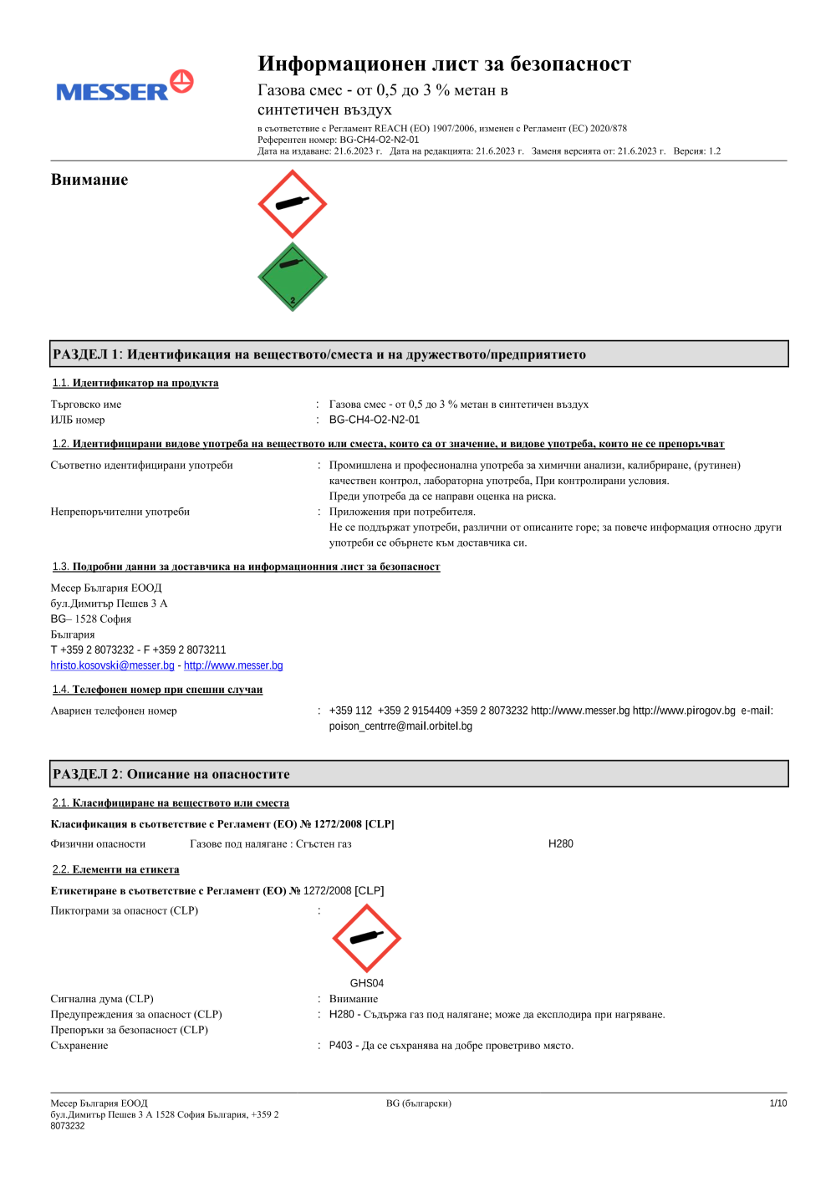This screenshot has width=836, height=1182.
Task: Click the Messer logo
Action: click(x=125, y=87)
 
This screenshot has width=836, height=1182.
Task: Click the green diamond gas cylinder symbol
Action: click(x=292, y=278)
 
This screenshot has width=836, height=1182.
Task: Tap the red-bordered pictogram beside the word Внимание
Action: click(x=292, y=204)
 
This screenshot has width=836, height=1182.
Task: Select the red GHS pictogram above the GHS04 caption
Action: click(x=366, y=938)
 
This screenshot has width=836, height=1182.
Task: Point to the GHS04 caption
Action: click(x=366, y=983)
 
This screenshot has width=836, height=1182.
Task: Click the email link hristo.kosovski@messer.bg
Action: click(x=112, y=665)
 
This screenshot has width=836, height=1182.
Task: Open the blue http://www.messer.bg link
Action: click(x=233, y=665)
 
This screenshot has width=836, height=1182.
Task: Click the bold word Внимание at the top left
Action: click(x=89, y=180)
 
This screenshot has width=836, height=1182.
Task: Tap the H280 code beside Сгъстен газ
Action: click(x=560, y=844)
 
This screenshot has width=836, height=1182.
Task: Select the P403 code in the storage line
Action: click(x=340, y=1046)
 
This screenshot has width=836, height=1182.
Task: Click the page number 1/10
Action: click(x=777, y=1103)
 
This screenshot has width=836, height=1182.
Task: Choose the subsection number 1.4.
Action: click(x=60, y=690)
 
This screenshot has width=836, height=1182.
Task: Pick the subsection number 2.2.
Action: click(x=60, y=869)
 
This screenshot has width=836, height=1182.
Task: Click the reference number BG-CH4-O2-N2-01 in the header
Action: click(x=379, y=140)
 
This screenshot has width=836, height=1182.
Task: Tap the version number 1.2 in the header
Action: click(x=714, y=151)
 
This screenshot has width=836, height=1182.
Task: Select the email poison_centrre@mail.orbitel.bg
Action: click(x=400, y=726)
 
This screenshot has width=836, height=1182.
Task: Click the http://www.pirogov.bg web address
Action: click(x=684, y=711)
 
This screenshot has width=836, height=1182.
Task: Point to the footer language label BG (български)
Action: click(x=418, y=1103)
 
